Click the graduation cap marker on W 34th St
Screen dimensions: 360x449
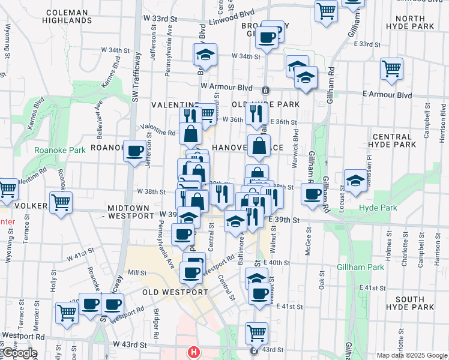coord(205,55)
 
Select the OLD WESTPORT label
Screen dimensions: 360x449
coord(175,292)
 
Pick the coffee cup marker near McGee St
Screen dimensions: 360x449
coord(312,194)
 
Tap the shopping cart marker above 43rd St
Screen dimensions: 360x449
coord(256,332)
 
